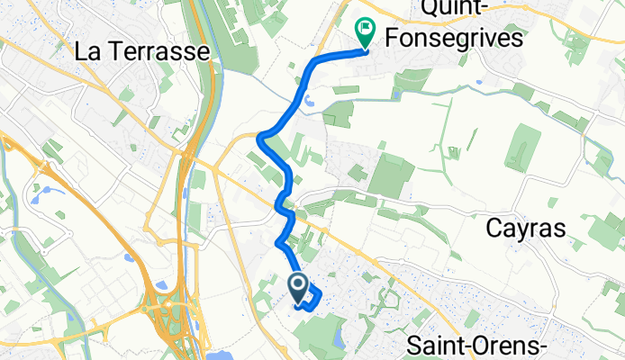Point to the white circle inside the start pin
coord(298,285)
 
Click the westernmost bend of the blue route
coord(259,138)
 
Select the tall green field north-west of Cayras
coord(522,148)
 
